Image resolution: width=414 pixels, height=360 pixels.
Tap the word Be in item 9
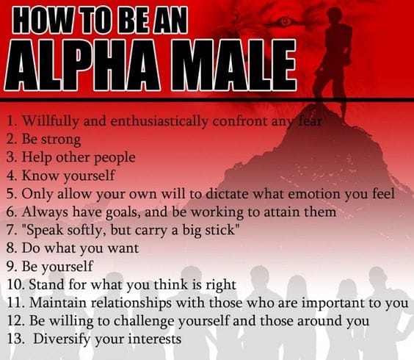(30, 267)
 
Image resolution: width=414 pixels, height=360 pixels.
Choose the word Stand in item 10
(45, 285)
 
